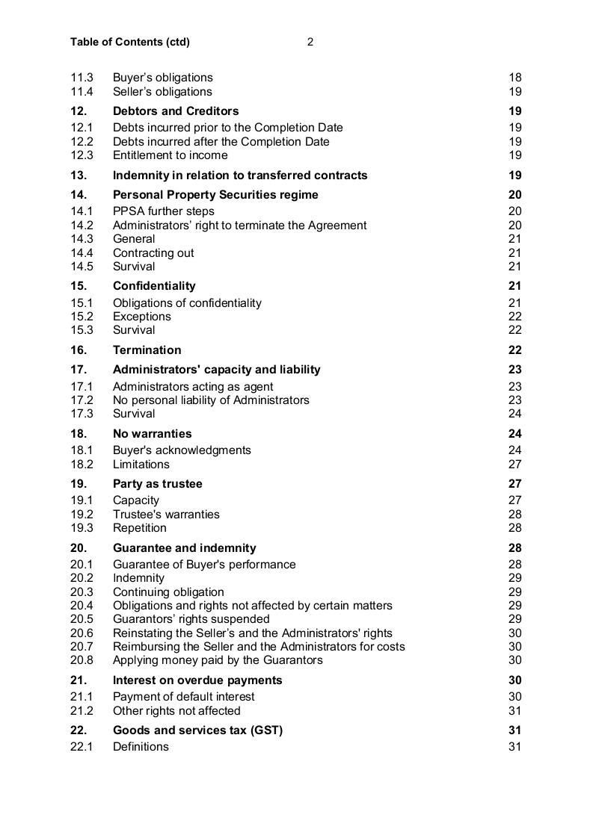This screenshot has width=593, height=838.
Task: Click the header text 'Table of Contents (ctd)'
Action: (x=130, y=42)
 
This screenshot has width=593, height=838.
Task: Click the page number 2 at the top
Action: (x=310, y=42)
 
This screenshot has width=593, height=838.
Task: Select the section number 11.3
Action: (x=82, y=78)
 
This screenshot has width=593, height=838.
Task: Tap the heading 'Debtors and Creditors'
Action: (x=176, y=111)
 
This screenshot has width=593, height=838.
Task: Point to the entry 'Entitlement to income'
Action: (x=170, y=155)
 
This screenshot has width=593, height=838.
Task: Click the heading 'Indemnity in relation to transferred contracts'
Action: (x=240, y=176)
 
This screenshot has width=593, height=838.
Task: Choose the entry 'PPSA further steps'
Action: (x=163, y=211)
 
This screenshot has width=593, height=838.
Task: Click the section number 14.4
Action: (x=82, y=253)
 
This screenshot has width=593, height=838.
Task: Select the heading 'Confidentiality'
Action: (x=154, y=286)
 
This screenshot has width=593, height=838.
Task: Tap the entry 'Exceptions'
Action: (x=142, y=317)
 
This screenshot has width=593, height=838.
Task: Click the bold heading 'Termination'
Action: (x=147, y=350)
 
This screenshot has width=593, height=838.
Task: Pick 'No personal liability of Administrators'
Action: (x=211, y=400)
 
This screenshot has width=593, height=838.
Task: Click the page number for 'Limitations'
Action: (x=514, y=465)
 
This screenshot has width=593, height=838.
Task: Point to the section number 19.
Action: (x=79, y=484)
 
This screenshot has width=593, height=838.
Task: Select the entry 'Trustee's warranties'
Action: (x=166, y=515)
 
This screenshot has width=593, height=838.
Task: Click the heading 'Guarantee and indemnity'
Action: (x=184, y=548)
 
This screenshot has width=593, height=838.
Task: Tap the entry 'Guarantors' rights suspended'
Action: (x=191, y=619)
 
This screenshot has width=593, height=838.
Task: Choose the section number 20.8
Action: (x=82, y=660)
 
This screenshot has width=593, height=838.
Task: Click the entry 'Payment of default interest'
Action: (x=183, y=697)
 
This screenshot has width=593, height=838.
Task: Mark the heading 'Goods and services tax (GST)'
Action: (x=197, y=730)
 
